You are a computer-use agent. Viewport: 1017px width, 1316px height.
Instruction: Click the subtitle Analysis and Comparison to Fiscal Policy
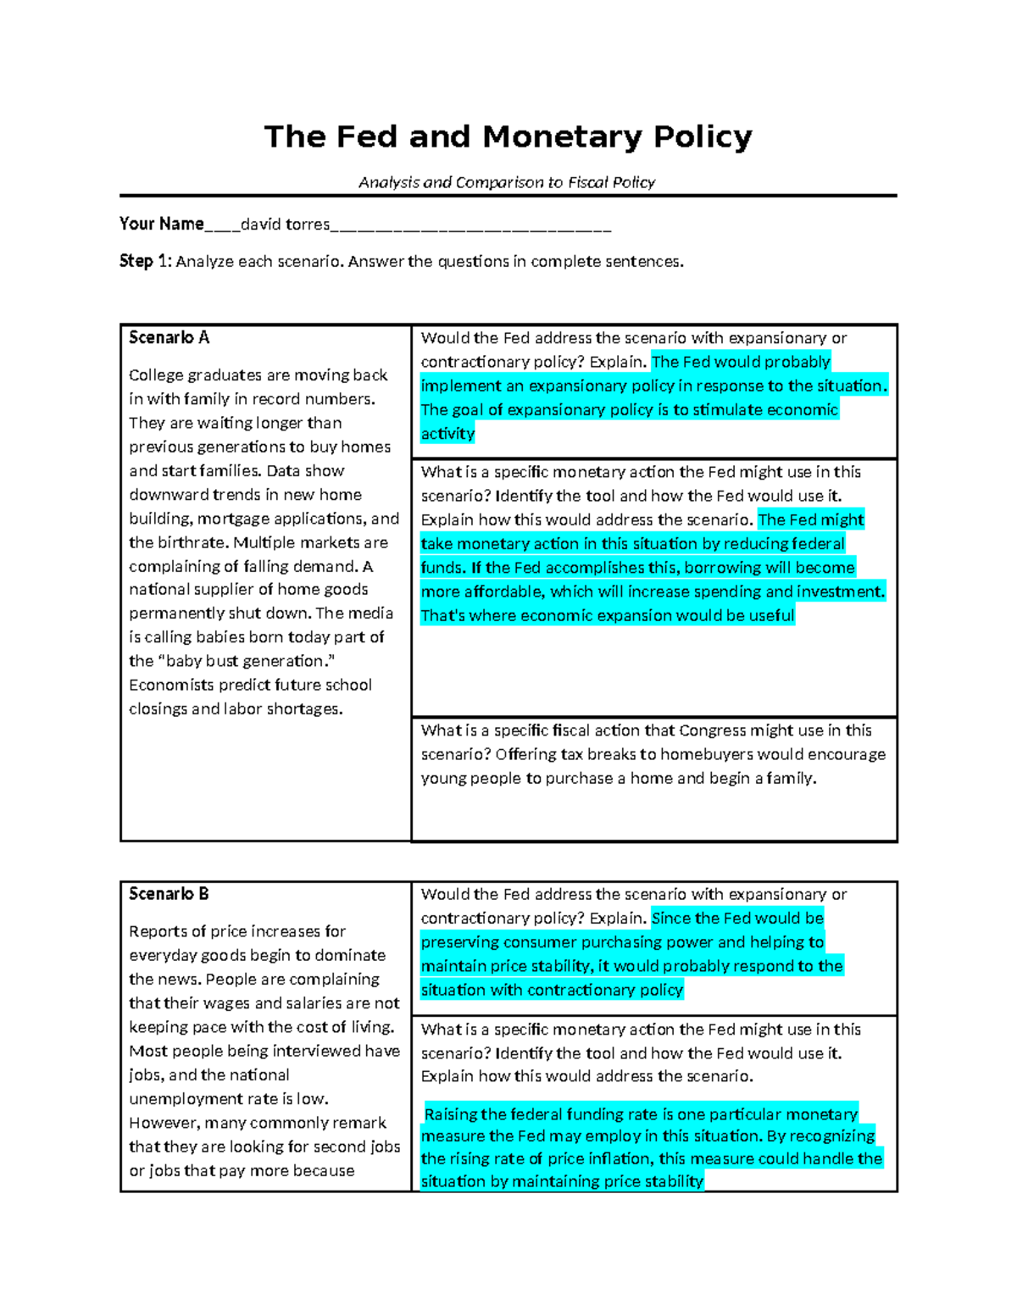507,182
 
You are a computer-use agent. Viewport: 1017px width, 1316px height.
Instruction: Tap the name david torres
285,225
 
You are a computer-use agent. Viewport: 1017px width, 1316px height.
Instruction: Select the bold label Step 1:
145,261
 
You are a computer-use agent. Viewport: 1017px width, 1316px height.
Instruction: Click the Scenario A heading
169,337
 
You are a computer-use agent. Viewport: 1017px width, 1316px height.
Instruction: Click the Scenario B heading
169,894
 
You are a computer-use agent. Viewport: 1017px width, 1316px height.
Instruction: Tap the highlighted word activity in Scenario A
447,434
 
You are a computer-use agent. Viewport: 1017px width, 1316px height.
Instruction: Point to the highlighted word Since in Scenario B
671,918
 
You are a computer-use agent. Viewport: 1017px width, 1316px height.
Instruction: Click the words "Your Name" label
161,224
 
